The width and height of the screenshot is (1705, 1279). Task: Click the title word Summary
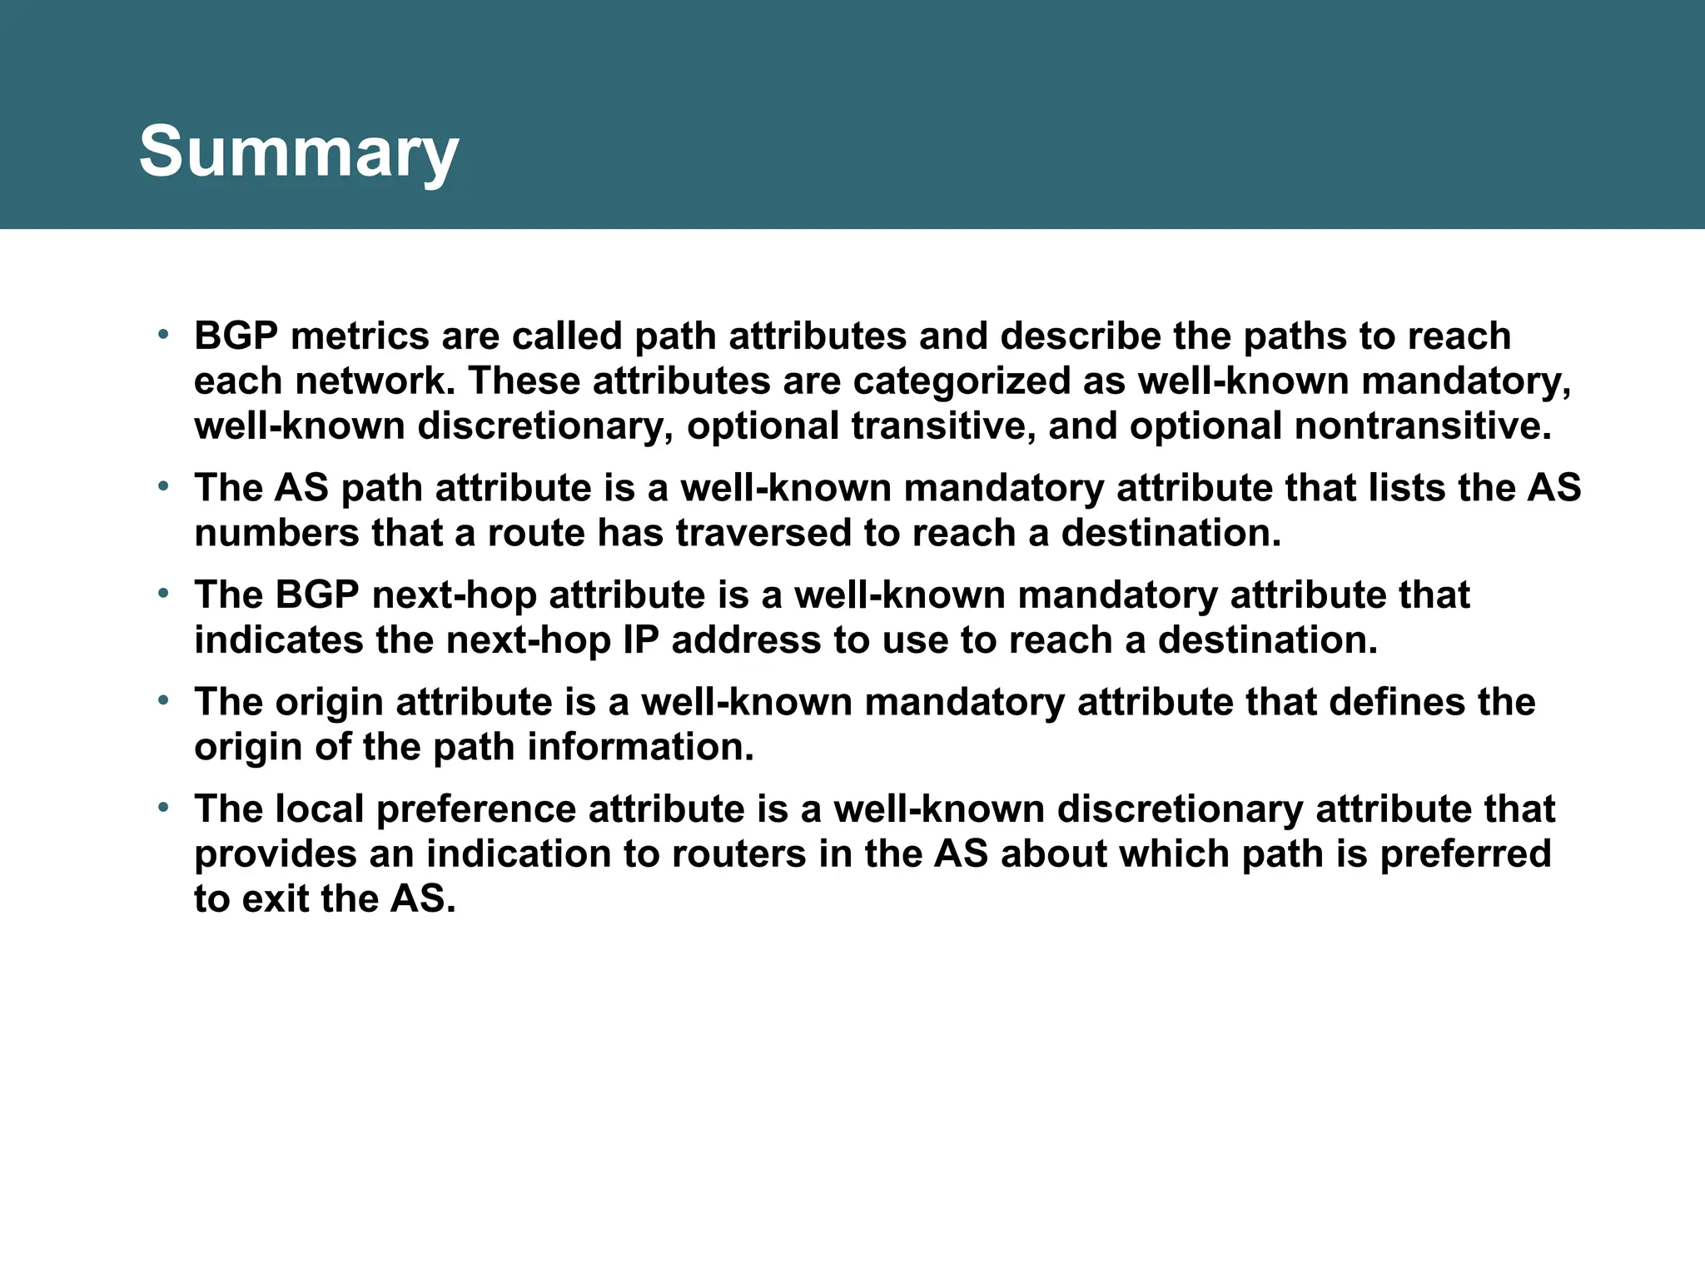[298, 152]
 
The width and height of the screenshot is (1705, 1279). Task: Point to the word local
[320, 809]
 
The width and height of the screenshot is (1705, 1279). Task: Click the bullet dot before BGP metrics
[164, 336]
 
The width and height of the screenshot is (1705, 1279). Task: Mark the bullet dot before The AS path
[164, 487]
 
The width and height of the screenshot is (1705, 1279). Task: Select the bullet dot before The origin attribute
[164, 701]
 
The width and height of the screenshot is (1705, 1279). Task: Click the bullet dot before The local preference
[164, 809]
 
